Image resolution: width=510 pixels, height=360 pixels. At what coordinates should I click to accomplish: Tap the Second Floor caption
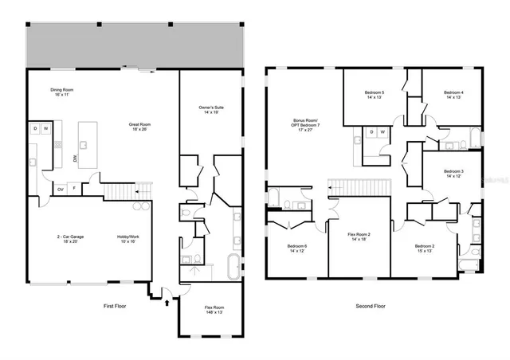point(371,306)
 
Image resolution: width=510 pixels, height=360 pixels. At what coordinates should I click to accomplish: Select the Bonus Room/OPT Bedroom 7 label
point(304,127)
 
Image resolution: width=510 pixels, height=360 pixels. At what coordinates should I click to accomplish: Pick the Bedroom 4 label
point(453,95)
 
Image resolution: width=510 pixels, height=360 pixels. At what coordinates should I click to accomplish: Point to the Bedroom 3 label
point(453,174)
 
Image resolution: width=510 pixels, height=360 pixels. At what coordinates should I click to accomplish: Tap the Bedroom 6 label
point(296,248)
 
